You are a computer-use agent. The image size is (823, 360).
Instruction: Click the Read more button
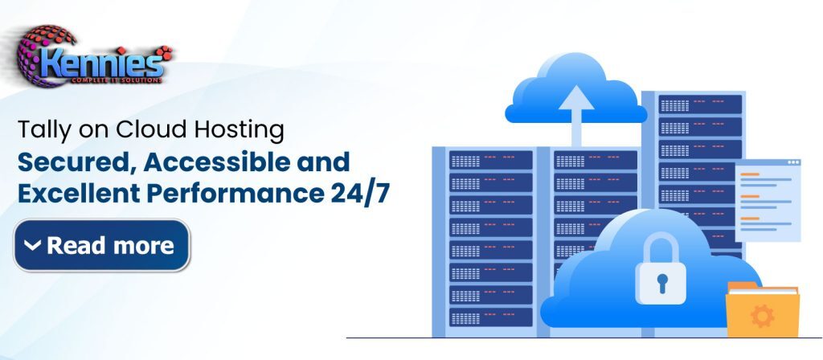(x=101, y=245)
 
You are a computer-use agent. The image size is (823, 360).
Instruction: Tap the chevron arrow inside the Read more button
(x=32, y=245)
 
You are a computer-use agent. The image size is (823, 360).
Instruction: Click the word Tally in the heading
(x=39, y=129)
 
